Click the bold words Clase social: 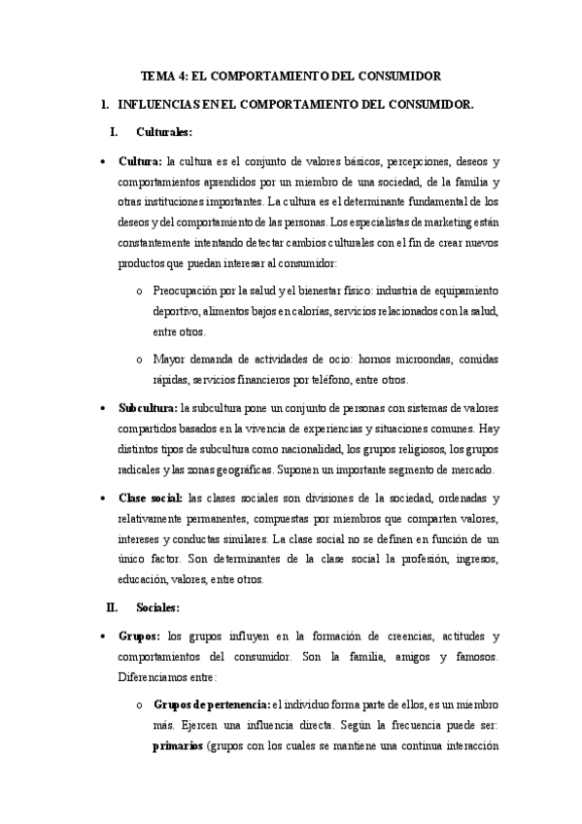(150, 498)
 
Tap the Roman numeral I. (115, 131)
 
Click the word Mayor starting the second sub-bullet (169, 360)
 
